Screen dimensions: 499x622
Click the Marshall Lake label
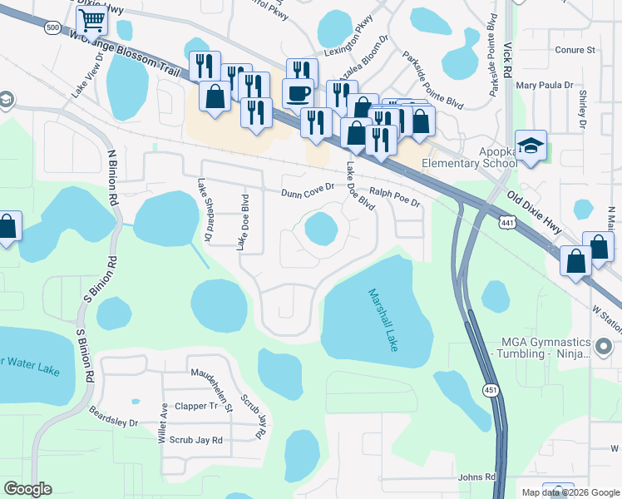coord(383,319)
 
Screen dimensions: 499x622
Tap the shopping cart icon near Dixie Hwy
coord(91,19)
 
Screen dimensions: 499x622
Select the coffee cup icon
coord(298,92)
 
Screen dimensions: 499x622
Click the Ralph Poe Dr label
coord(395,196)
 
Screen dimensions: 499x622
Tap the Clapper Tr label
coord(202,406)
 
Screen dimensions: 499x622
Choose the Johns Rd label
coord(476,477)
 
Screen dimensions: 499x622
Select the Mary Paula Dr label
coord(545,85)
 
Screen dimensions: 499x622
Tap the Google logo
coord(27,489)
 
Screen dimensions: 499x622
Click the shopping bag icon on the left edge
coord(7,227)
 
